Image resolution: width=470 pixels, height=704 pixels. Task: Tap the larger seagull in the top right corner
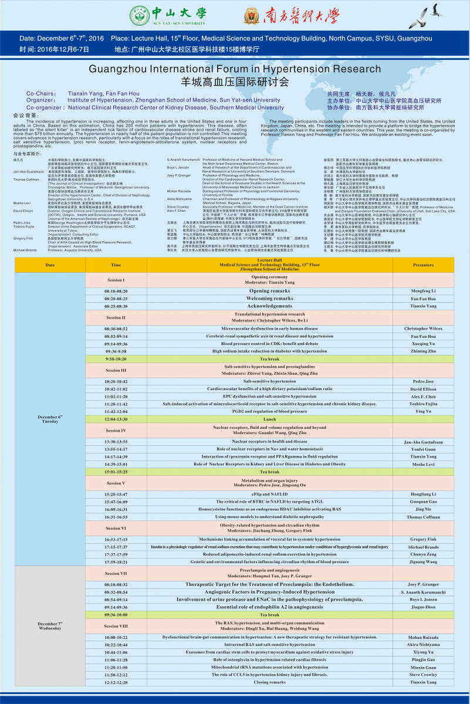point(435,10)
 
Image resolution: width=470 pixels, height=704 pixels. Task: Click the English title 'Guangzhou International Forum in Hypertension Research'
point(235,70)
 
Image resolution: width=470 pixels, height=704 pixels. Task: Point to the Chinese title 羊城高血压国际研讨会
point(235,81)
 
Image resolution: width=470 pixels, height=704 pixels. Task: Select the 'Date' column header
point(50,265)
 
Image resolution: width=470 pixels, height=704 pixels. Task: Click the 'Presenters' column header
point(423,265)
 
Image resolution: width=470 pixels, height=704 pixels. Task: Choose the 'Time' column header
point(116,265)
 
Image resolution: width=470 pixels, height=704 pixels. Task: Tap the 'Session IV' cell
point(116,430)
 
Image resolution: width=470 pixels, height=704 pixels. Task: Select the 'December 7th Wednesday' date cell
point(50,625)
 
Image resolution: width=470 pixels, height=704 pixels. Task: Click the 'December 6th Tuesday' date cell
point(50,419)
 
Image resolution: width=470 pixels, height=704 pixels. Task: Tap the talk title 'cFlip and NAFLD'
point(269,495)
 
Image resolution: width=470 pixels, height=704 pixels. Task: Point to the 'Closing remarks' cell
point(269,682)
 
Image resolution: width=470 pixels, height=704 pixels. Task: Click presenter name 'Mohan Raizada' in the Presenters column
point(423,637)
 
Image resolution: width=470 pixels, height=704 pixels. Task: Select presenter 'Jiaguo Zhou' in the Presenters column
point(423,607)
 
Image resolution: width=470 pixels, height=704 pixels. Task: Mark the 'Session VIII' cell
point(116,625)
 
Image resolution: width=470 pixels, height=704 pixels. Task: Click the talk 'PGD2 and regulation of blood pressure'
point(269,411)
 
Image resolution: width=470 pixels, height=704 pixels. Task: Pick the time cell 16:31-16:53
point(116,517)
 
